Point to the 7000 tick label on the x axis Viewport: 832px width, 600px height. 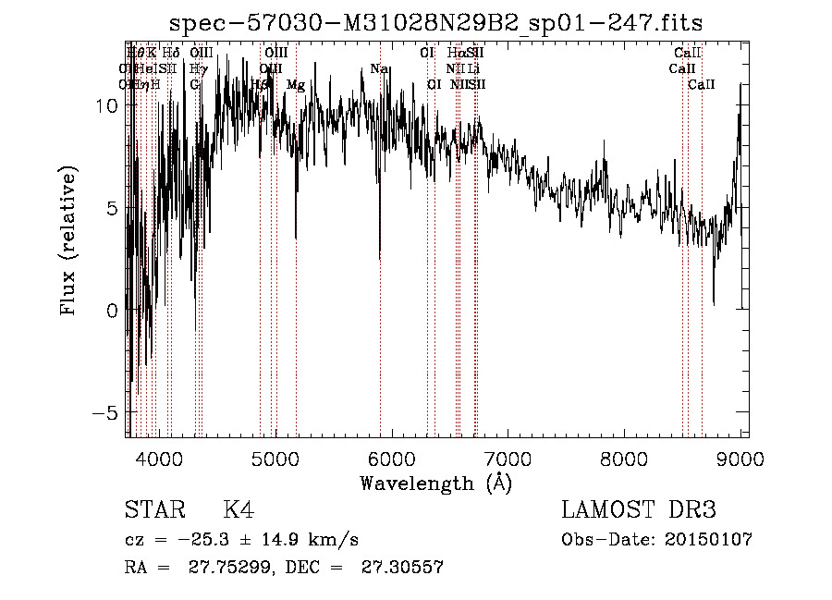click(508, 459)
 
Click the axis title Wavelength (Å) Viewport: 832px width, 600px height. click(435, 483)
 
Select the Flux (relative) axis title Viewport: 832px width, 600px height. click(68, 239)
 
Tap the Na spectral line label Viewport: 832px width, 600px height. click(378, 69)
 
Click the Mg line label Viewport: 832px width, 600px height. click(296, 85)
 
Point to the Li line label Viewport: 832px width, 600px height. click(473, 69)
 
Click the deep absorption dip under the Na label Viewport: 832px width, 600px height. click(380, 254)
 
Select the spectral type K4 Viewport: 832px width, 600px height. click(239, 510)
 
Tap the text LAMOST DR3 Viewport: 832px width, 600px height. click(639, 510)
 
